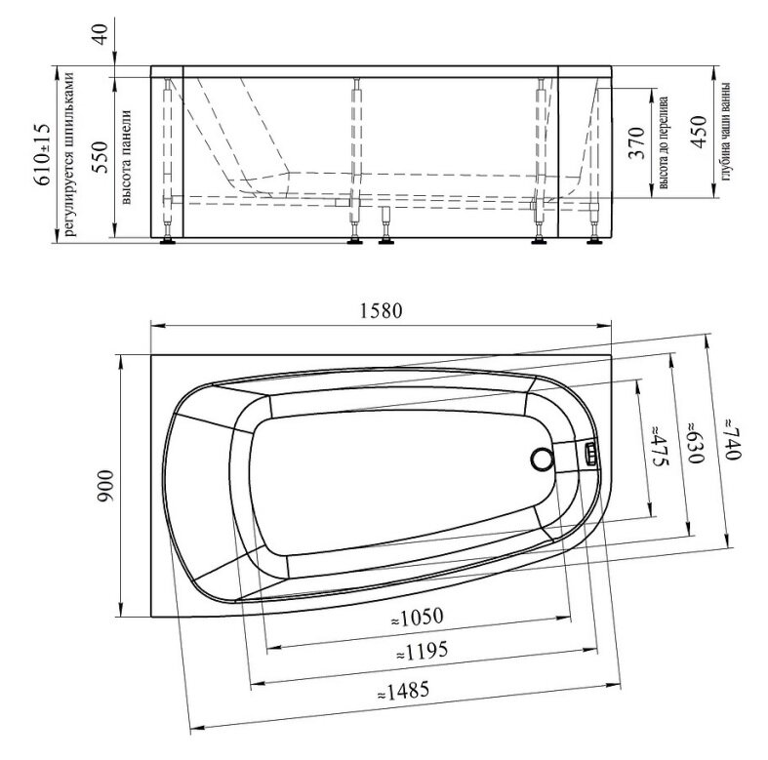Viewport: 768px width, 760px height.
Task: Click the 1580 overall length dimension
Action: (x=381, y=311)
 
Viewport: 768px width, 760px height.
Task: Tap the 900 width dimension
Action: (x=105, y=485)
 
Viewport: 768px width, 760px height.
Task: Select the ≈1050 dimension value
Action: (x=418, y=618)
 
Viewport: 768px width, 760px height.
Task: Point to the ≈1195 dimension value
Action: (x=422, y=652)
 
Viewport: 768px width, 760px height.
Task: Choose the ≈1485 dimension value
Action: (x=404, y=692)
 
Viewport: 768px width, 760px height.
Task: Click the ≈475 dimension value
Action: (x=659, y=446)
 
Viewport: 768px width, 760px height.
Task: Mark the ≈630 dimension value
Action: (x=696, y=442)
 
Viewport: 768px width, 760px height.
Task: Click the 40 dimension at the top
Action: (x=101, y=34)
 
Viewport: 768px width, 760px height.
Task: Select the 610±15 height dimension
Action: (x=42, y=155)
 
